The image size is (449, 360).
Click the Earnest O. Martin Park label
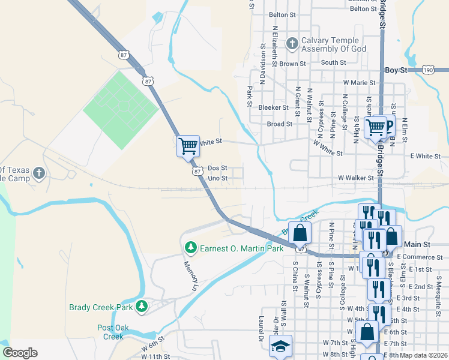click(x=241, y=248)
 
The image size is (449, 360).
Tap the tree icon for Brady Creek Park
click(x=142, y=307)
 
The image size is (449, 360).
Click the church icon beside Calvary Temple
click(x=292, y=43)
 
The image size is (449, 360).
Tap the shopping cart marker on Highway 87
click(x=188, y=145)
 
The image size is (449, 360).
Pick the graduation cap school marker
click(x=280, y=346)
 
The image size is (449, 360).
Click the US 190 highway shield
click(x=428, y=70)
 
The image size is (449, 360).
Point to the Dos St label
click(x=217, y=169)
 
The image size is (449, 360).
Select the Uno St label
click(x=217, y=178)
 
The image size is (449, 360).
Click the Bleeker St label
click(x=273, y=107)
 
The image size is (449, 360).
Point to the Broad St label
click(x=279, y=124)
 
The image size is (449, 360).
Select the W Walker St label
click(x=355, y=178)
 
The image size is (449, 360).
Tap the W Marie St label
click(x=359, y=82)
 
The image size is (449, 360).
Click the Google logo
click(x=20, y=353)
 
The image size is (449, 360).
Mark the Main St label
click(x=417, y=244)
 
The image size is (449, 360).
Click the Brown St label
click(x=292, y=64)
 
